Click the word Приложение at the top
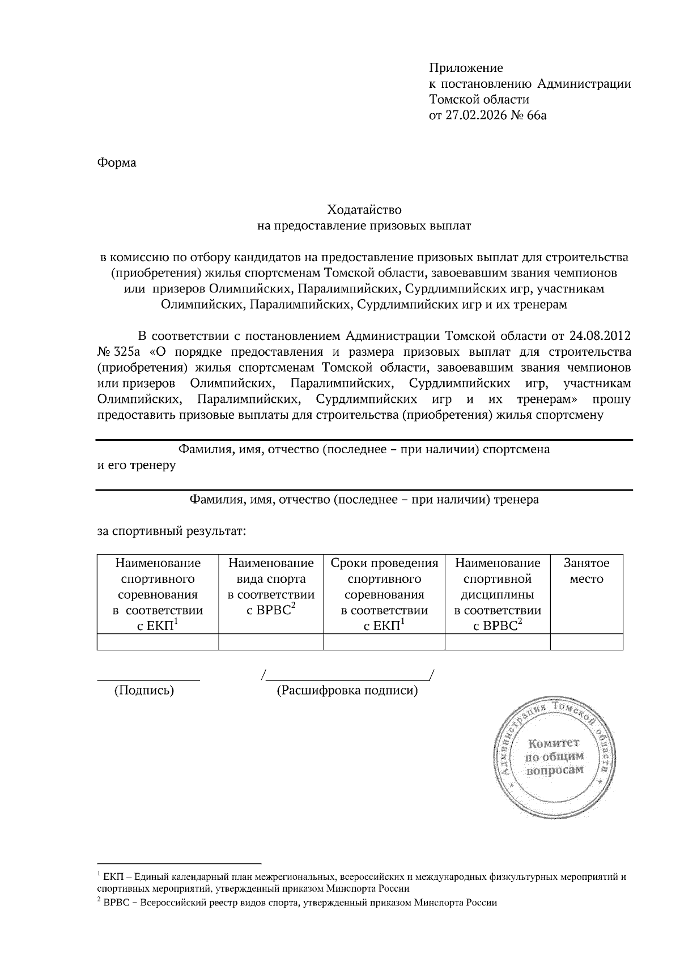[466, 69]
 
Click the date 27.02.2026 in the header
[478, 116]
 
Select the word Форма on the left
[117, 163]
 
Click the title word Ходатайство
[364, 210]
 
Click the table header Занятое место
[586, 571]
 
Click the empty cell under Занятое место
[586, 642]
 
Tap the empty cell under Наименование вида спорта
[270, 642]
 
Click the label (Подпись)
[144, 691]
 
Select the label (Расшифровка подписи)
[347, 691]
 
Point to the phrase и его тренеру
[137, 466]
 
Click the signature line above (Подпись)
[148, 679]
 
